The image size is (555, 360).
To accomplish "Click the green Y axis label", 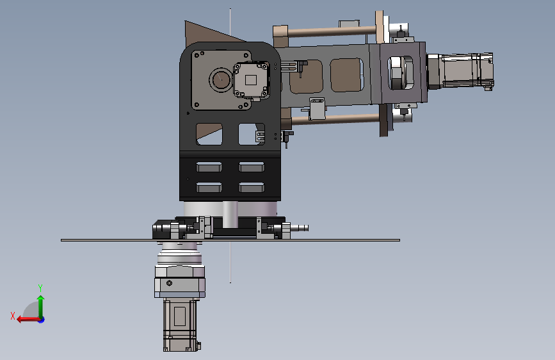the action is click(40, 288).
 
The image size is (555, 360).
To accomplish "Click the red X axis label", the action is click(13, 316).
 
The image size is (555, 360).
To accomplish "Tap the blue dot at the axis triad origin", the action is click(42, 320).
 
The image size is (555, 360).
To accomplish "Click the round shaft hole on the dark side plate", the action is click(221, 79).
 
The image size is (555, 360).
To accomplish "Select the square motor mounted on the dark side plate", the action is click(251, 80).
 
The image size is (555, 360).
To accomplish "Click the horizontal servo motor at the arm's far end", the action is click(460, 71).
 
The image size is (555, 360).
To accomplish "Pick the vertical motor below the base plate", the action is click(180, 325).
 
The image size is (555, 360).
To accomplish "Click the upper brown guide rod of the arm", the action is click(332, 32).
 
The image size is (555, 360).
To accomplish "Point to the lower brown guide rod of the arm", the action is click(335, 119).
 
